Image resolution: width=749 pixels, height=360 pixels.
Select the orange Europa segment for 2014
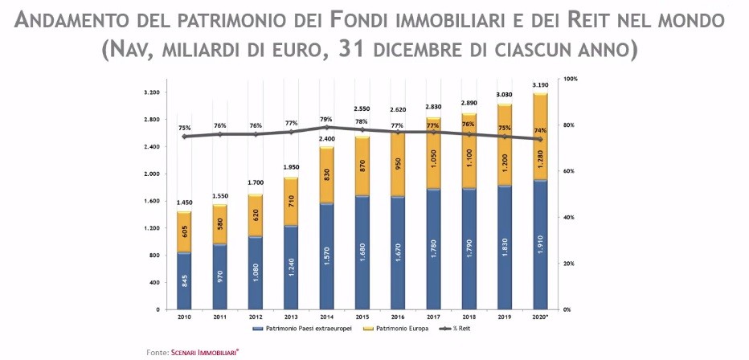[325, 174]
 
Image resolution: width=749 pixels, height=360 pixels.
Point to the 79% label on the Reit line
[326, 119]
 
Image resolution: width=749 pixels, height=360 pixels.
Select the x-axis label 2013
[290, 317]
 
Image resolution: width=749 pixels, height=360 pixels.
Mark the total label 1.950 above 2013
[290, 167]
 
